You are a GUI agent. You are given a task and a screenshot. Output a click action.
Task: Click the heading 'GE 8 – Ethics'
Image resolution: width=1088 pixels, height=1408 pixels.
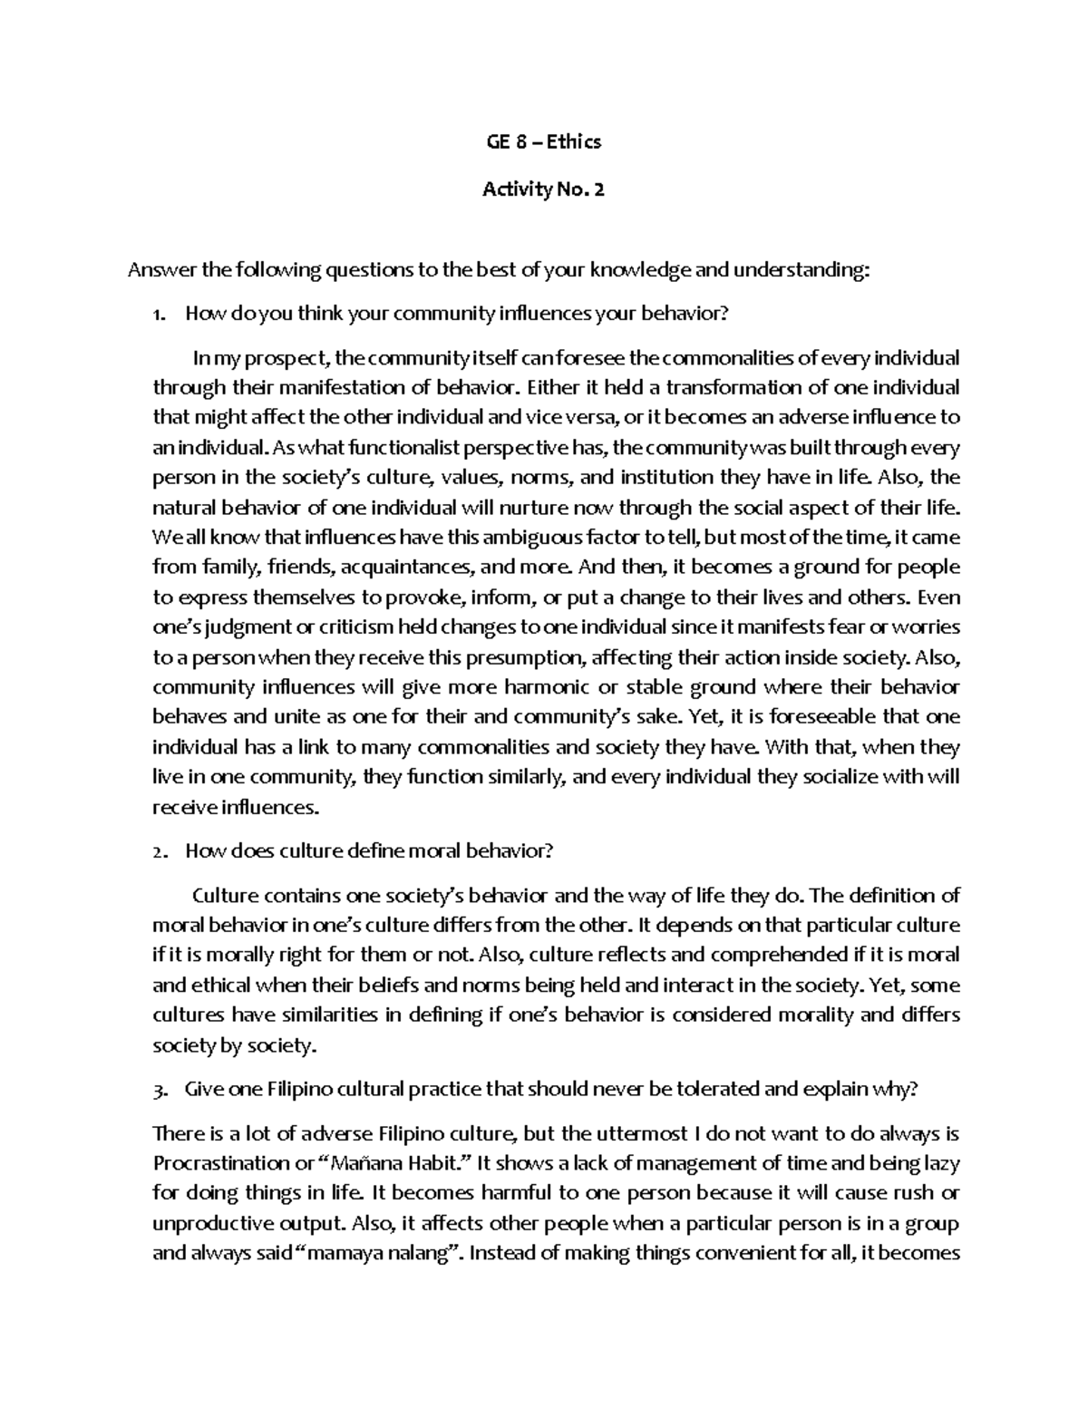[544, 141]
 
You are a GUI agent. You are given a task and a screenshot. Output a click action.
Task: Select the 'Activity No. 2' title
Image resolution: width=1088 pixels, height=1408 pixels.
[544, 189]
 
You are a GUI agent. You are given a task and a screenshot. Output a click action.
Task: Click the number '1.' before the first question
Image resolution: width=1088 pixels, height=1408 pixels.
[160, 316]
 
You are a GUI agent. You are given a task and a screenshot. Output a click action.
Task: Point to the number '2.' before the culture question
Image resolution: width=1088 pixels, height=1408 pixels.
[160, 852]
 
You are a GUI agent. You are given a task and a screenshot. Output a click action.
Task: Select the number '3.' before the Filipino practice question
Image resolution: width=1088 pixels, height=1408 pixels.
[160, 1091]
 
